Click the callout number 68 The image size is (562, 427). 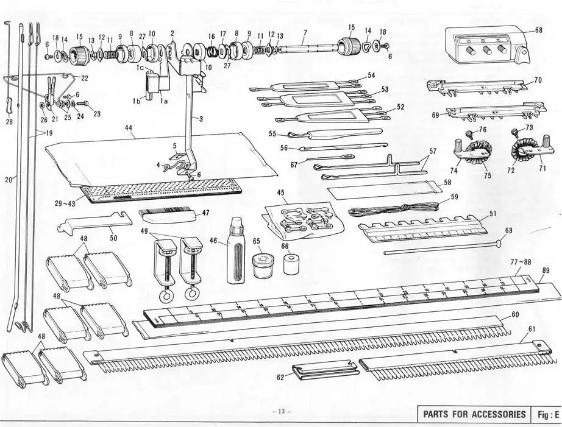[x=539, y=29]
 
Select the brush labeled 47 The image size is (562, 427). [x=168, y=214]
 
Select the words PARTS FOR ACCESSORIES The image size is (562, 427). [x=473, y=414]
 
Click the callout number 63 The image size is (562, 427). [x=509, y=230]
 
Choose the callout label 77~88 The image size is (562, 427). [x=520, y=262]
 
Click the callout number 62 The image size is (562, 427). [x=281, y=377]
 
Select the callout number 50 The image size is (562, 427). [x=113, y=238]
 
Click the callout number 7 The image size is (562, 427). [x=305, y=31]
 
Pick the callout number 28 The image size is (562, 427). [x=9, y=122]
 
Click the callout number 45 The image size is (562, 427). [x=280, y=192]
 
